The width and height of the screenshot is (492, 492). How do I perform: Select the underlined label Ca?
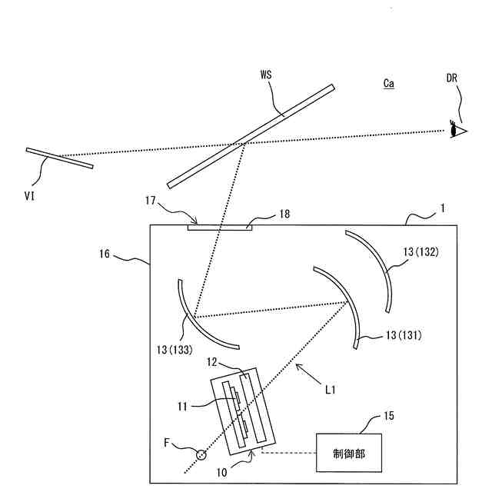click(x=389, y=83)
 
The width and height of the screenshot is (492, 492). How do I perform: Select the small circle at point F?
click(x=201, y=454)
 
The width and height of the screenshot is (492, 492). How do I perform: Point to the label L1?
click(x=331, y=390)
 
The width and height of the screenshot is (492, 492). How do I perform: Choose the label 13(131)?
click(x=404, y=335)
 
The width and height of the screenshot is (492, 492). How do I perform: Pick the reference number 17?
click(x=151, y=201)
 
